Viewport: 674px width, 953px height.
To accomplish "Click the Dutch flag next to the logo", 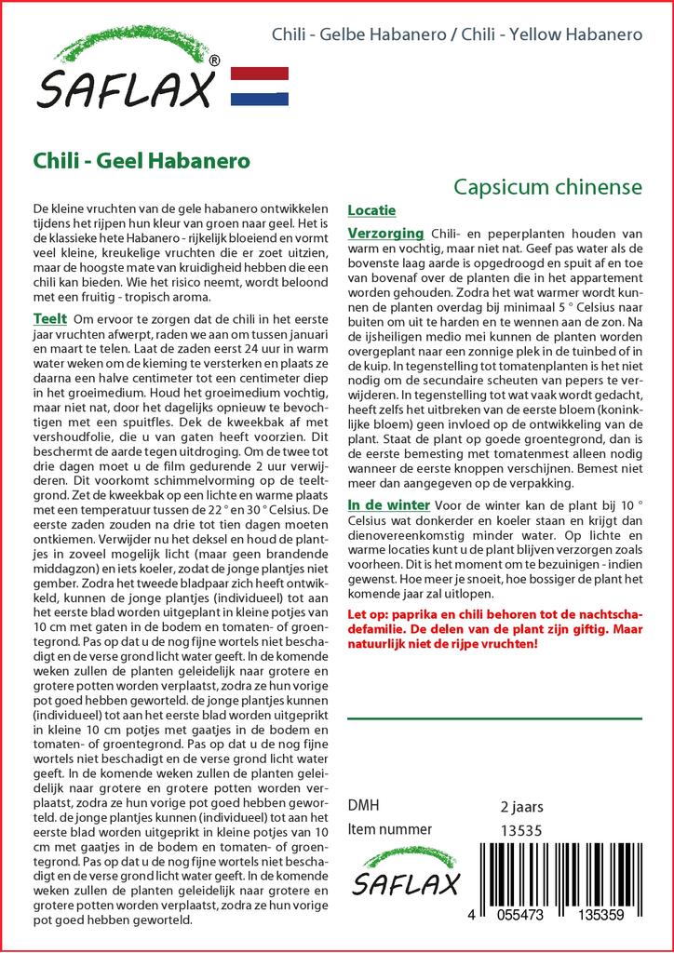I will (x=259, y=86).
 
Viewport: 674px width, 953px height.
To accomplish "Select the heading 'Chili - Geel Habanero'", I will (x=141, y=159).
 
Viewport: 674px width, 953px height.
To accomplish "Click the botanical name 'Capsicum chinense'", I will (x=547, y=187).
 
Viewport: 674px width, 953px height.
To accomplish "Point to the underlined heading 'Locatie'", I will (x=371, y=210).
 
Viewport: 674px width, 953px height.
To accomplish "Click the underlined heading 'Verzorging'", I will (x=385, y=233).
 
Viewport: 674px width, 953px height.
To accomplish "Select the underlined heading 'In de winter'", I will (x=388, y=504).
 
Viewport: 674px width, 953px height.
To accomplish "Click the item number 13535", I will (x=521, y=830).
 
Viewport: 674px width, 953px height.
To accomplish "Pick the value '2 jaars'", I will (x=521, y=806).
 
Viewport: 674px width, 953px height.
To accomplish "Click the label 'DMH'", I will (x=363, y=806).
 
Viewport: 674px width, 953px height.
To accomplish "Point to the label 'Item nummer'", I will (x=389, y=829).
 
